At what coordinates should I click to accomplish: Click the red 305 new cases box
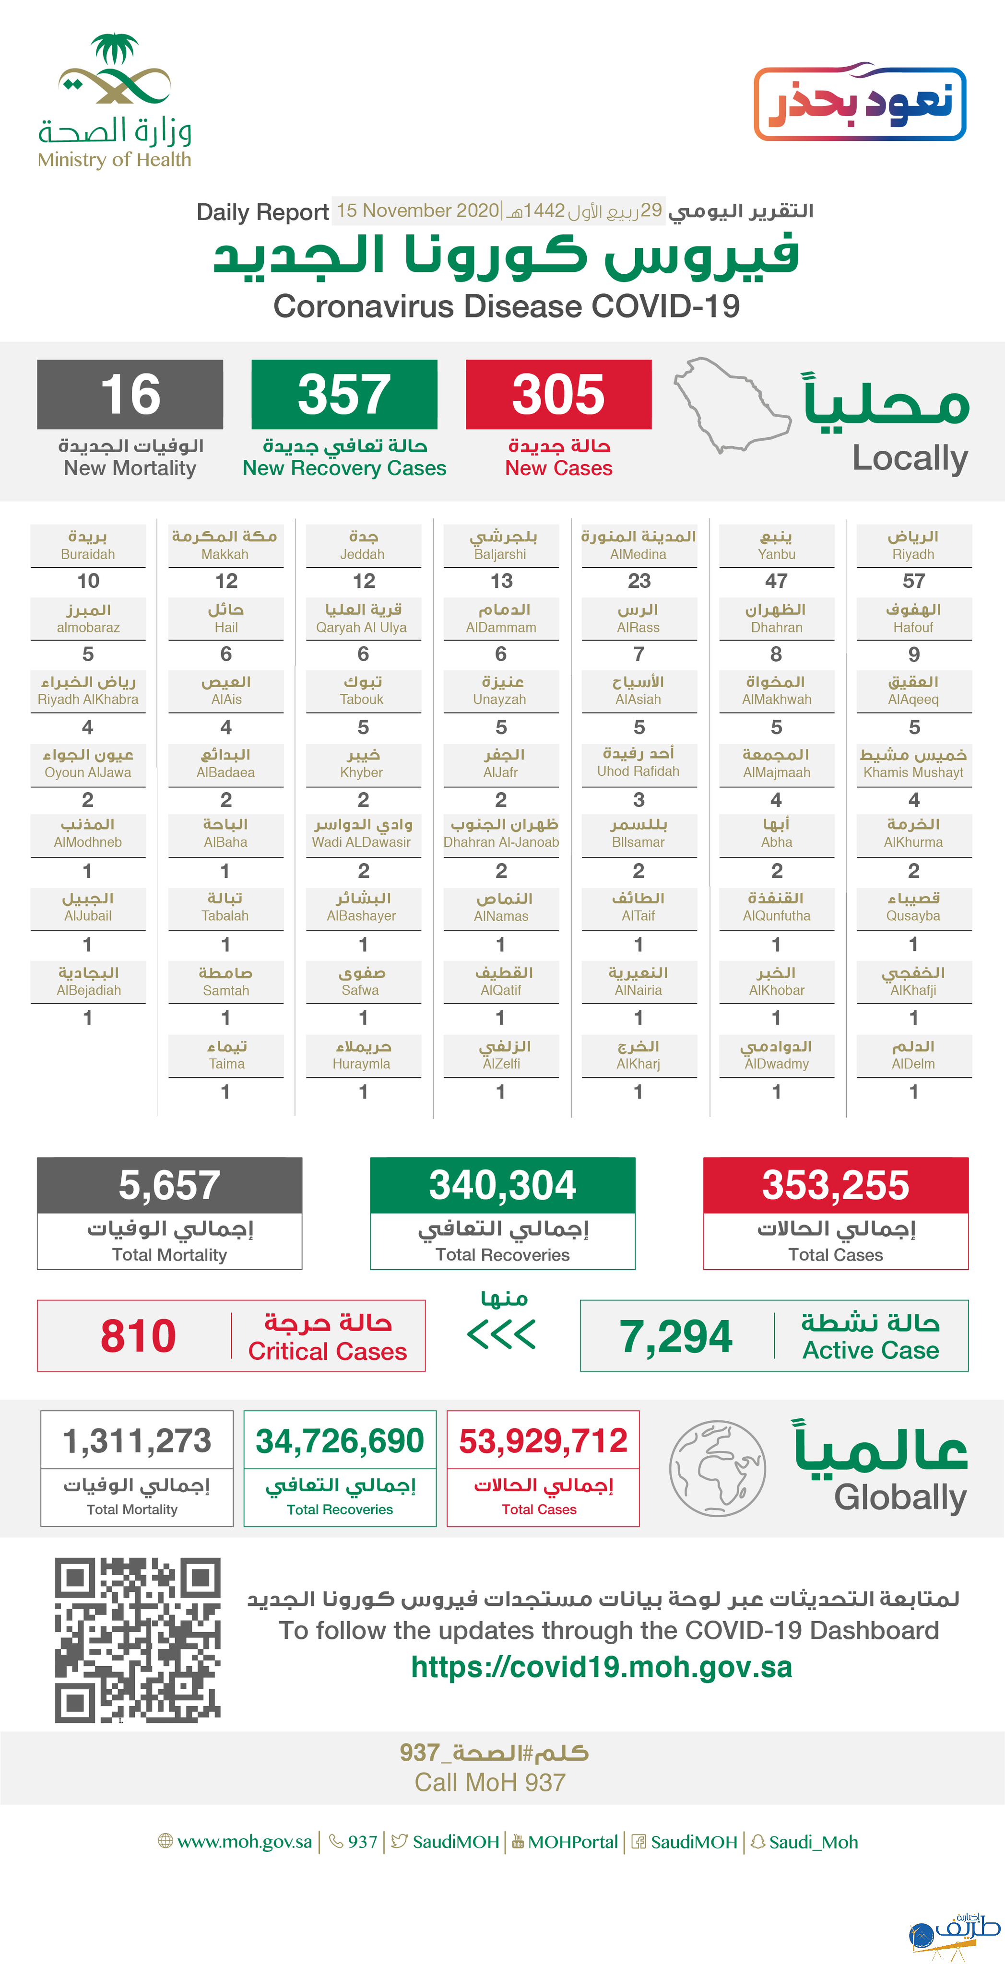point(558,394)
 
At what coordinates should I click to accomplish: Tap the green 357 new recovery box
point(344,394)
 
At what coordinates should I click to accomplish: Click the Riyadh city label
point(913,545)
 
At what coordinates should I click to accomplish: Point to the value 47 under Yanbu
point(776,581)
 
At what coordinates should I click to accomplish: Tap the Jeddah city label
point(363,545)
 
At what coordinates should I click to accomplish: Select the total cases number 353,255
point(836,1186)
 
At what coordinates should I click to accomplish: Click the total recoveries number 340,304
point(503,1186)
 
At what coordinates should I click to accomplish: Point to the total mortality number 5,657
point(169,1186)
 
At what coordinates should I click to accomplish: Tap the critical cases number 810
point(138,1336)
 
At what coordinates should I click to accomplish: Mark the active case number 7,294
point(675,1336)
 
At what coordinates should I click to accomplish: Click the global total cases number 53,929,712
point(543,1441)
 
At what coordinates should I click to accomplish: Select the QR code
point(137,1640)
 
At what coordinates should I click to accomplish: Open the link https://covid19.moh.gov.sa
point(601,1667)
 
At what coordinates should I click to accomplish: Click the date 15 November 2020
point(418,210)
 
